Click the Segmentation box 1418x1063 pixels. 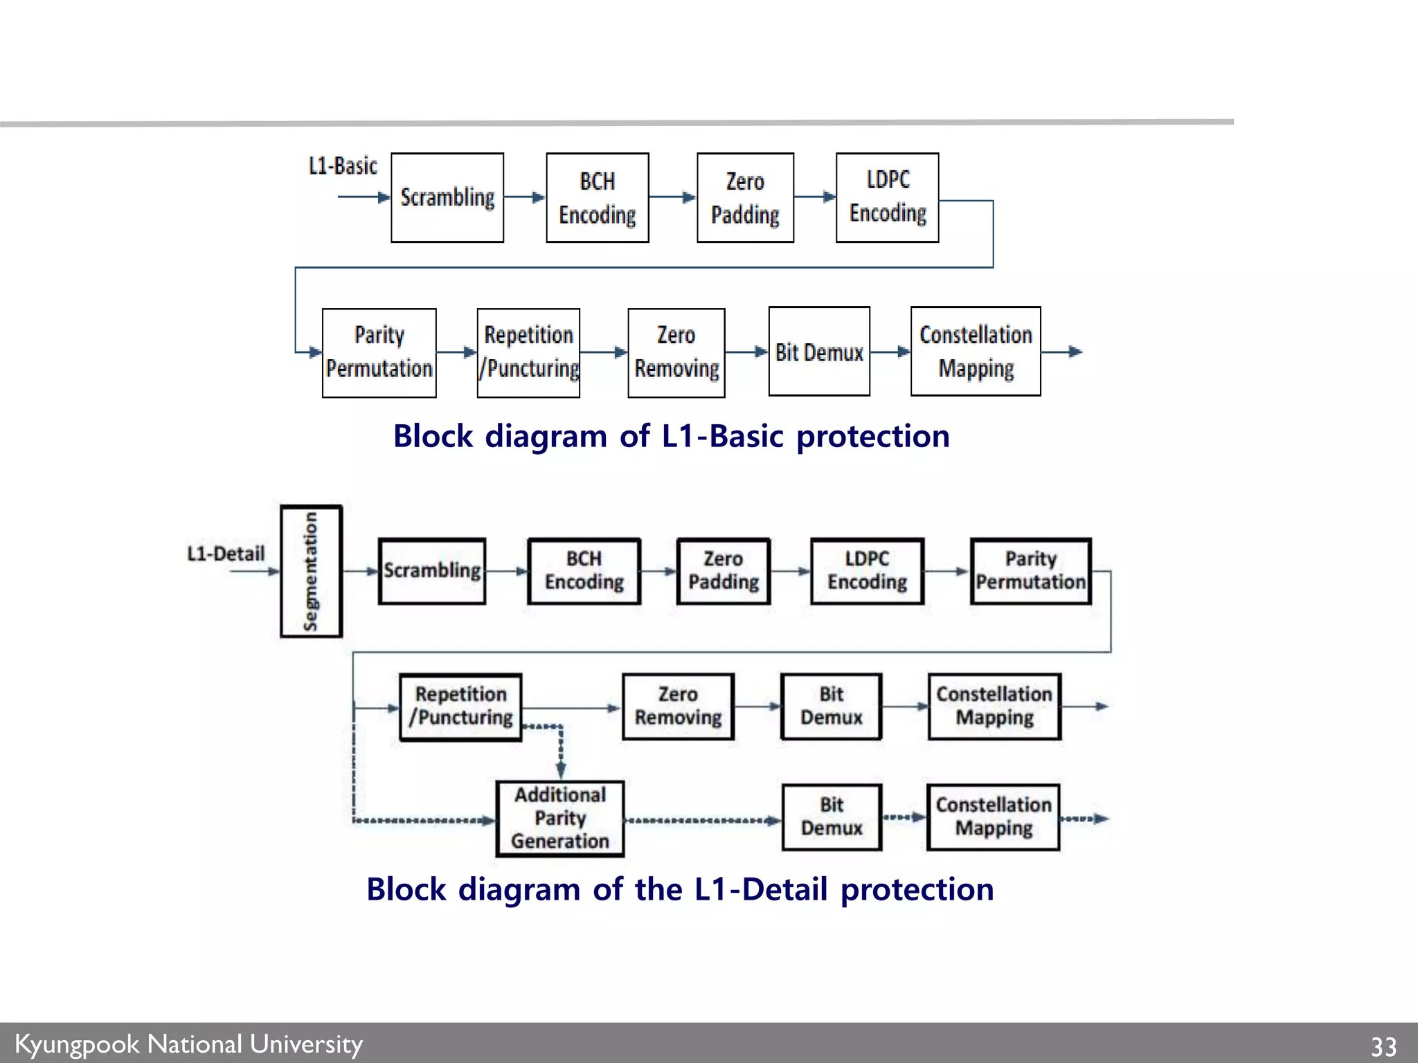click(x=311, y=571)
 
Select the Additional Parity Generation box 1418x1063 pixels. click(x=559, y=818)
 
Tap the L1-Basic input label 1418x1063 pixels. click(x=343, y=166)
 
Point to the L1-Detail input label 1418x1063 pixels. click(x=226, y=554)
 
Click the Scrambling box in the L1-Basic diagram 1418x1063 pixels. click(x=447, y=198)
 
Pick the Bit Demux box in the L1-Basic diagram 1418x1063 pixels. click(x=819, y=352)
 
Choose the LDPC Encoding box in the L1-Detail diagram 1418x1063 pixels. click(x=867, y=571)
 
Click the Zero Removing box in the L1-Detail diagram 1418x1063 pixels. click(x=678, y=707)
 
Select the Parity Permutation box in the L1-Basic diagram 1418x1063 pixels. click(x=379, y=353)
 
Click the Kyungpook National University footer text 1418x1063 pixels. click(x=188, y=1044)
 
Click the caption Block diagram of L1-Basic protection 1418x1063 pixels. click(x=671, y=437)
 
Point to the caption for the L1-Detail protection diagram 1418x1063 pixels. click(x=680, y=889)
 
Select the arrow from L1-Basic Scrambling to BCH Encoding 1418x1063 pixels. click(x=524, y=197)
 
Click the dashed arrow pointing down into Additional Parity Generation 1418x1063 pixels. click(x=561, y=754)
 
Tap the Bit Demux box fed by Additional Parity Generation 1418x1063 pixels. click(x=832, y=817)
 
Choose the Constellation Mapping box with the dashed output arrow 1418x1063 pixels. click(x=993, y=817)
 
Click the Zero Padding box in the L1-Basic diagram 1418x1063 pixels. click(x=745, y=198)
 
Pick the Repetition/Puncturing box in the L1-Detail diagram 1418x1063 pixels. click(x=460, y=707)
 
